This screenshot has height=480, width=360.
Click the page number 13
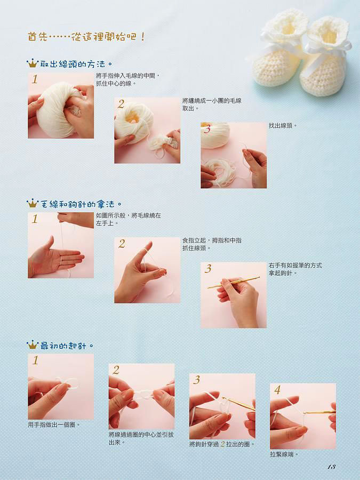click(332, 467)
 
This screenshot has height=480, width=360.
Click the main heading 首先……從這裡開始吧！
click(86, 37)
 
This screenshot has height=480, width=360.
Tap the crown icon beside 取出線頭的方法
click(32, 63)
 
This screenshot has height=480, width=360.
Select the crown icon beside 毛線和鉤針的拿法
click(32, 203)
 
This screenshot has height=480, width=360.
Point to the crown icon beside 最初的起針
click(32, 345)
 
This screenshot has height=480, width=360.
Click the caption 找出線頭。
click(283, 125)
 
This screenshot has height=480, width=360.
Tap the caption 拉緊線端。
click(284, 454)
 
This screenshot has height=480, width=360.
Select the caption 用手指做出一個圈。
click(54, 425)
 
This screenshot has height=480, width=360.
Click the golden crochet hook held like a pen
click(234, 282)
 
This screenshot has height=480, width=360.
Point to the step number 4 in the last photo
click(277, 390)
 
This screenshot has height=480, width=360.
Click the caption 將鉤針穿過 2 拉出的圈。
click(222, 444)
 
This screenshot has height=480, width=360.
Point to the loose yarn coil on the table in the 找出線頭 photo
click(221, 171)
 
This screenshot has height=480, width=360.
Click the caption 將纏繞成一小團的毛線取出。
click(212, 105)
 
